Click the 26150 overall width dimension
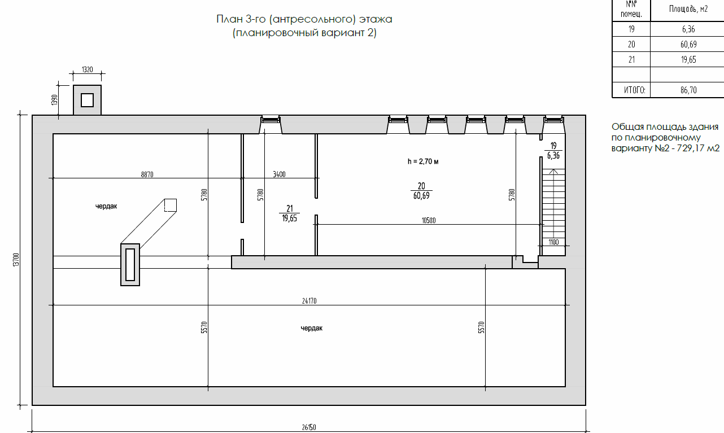tap(309, 427)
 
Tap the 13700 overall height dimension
tap(16, 260)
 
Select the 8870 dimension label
tap(147, 174)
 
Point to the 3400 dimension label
tap(279, 174)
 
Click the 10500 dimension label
tap(429, 220)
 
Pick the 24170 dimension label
tap(309, 301)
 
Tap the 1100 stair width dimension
tap(553, 242)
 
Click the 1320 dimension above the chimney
tap(88, 69)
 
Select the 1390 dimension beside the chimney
tap(54, 100)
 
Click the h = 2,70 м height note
tap(423, 161)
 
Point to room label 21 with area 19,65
tap(289, 213)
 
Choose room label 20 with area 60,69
tap(421, 191)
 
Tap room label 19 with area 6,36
tap(553, 151)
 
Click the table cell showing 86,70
tap(688, 90)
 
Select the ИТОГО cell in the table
tap(634, 90)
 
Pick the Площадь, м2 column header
tap(688, 8)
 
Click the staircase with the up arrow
tap(553, 207)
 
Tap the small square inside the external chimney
tap(88, 100)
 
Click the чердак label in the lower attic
tap(312, 329)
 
